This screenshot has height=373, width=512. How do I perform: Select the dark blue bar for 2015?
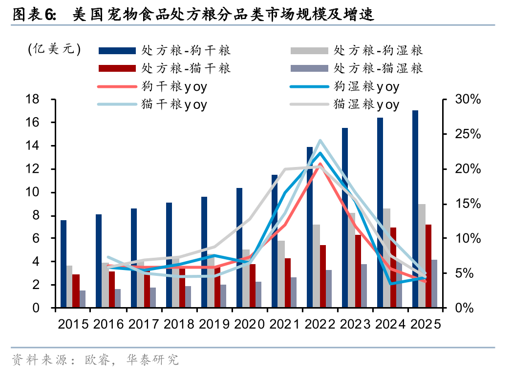(64, 264)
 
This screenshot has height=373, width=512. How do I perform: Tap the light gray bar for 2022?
(317, 266)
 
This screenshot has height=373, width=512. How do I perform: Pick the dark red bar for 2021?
(287, 283)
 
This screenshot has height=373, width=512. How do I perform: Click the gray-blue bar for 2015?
(83, 299)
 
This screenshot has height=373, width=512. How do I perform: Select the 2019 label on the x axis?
(214, 324)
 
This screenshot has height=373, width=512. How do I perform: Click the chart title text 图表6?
(34, 15)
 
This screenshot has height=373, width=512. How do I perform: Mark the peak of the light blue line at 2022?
(320, 141)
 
